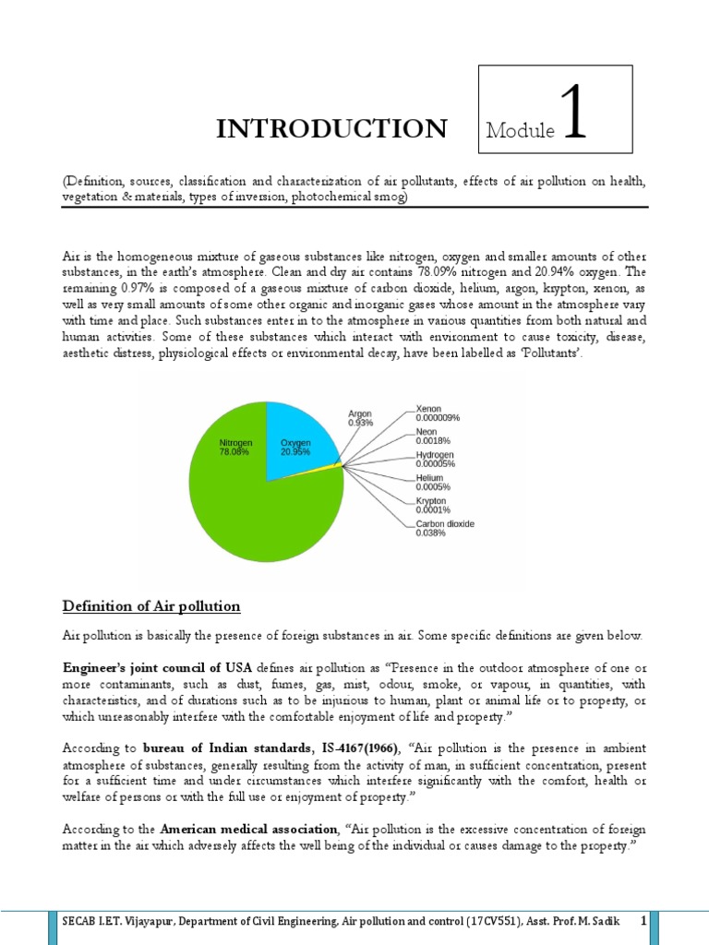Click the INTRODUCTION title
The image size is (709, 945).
[x=331, y=128]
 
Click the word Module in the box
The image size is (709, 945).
[x=520, y=131]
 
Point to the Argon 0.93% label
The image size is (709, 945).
[x=360, y=418]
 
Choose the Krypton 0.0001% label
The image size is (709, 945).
[x=433, y=505]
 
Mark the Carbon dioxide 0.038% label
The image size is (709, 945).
[x=445, y=528]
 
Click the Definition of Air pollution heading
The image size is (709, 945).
[x=150, y=606]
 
